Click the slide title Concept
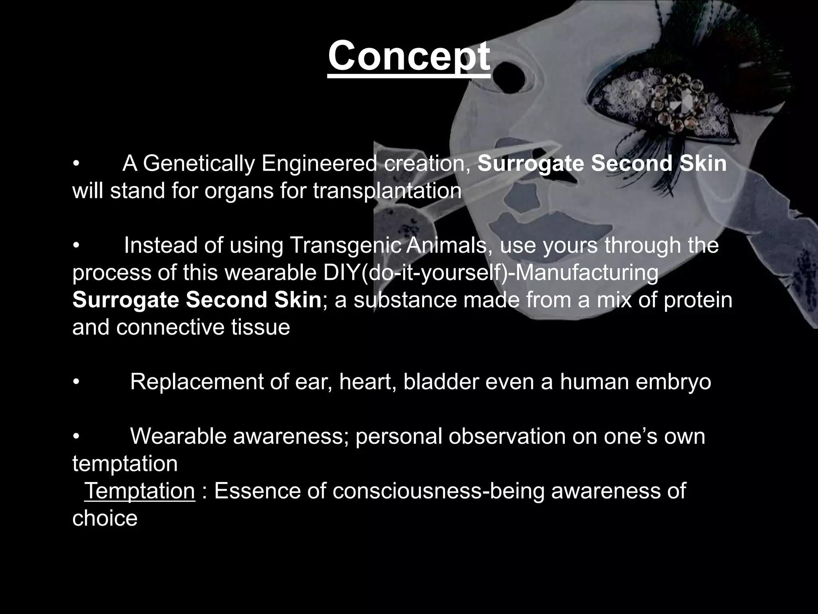click(409, 56)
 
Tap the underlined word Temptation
click(139, 490)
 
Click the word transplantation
click(387, 191)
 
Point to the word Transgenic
click(346, 245)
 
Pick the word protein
click(698, 300)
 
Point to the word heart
click(367, 382)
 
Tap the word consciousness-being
click(438, 490)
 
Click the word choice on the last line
click(105, 518)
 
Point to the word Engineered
click(319, 163)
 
